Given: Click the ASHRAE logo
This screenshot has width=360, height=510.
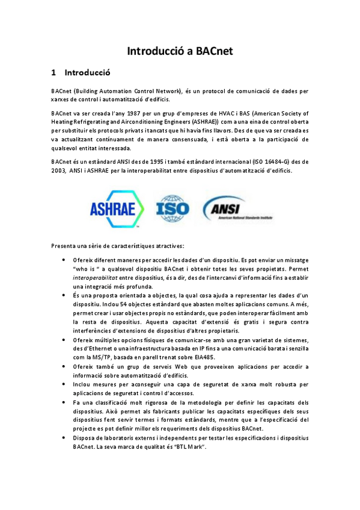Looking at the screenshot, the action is pyautogui.click(x=117, y=209).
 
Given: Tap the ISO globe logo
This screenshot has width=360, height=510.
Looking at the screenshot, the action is pyautogui.click(x=172, y=209).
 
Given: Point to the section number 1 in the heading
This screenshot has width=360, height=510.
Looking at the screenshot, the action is pyautogui.click(x=54, y=74).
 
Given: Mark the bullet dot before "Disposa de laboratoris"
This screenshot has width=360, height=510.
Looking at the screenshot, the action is pyautogui.click(x=64, y=438).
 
